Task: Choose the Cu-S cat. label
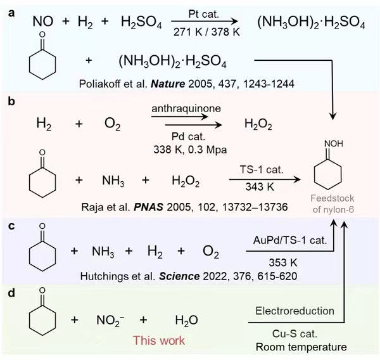[282, 335]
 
